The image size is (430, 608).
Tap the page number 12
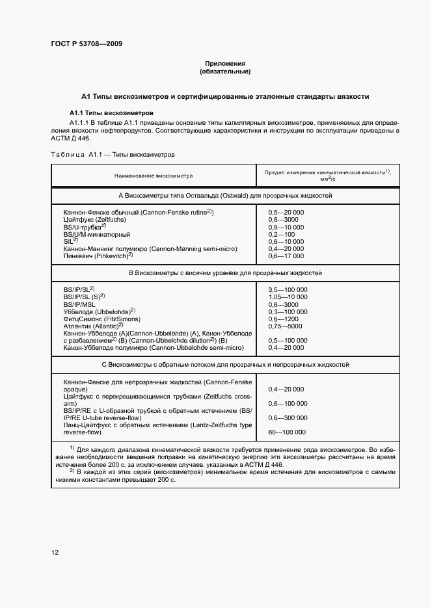point(55,552)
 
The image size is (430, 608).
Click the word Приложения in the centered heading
point(224,64)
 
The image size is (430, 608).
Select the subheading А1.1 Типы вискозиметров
point(111,112)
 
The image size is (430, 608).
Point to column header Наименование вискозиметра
point(154,176)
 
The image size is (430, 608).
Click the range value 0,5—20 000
point(286,213)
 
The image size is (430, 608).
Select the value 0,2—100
point(281,234)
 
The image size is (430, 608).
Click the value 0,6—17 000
point(286,256)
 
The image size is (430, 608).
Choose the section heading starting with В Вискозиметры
point(225,273)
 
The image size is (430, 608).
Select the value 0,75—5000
point(285,326)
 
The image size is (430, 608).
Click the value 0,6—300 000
point(288,417)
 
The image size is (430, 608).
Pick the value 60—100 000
point(286,432)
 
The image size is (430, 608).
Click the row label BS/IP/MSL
point(79,305)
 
